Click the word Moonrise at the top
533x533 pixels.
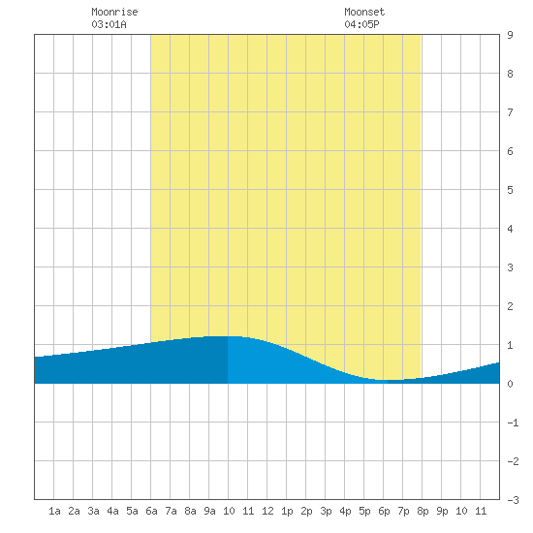114,12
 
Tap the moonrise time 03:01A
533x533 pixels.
109,24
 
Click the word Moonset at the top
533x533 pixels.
364,12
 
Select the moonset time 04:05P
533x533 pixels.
361,24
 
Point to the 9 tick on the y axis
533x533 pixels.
510,35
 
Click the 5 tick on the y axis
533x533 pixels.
510,190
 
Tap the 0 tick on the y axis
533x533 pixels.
510,384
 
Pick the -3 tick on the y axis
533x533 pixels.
513,500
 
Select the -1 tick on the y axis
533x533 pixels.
513,423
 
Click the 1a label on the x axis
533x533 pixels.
54,511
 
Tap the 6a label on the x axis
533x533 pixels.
151,511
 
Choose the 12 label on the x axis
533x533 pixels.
267,511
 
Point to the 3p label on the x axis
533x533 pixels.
326,511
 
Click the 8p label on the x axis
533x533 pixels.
423,511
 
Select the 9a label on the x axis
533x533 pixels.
209,511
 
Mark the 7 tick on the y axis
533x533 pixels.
510,112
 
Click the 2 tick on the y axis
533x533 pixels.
510,306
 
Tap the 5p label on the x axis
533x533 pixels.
364,511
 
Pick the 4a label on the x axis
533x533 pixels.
112,511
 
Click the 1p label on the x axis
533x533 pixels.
287,511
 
